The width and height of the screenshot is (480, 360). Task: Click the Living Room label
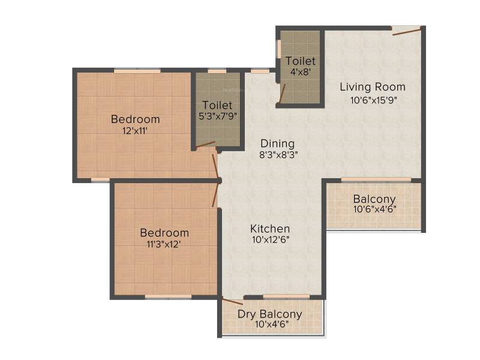pos(373,87)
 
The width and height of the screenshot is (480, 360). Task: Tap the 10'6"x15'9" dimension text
pos(373,100)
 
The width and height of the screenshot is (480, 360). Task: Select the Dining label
pos(278,143)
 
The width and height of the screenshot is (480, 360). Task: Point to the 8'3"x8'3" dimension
pos(278,155)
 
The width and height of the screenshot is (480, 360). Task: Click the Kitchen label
pos(270,229)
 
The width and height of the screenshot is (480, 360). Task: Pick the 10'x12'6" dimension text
pos(271,239)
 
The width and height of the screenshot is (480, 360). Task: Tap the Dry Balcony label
pos(269,314)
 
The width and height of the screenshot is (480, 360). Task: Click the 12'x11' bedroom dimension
pos(135,131)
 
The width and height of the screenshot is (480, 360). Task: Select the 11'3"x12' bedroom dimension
pos(164,244)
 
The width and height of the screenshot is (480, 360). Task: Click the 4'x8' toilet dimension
pos(301,72)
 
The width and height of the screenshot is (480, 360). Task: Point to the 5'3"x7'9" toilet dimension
pos(218,116)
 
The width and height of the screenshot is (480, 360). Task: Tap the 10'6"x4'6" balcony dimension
pos(374,209)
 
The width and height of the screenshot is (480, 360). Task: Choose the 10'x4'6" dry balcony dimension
pos(272,324)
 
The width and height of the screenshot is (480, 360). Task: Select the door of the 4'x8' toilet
pos(282,94)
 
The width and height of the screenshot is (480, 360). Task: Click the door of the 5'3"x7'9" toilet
pos(205,145)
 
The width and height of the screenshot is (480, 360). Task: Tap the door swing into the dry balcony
pos(233,302)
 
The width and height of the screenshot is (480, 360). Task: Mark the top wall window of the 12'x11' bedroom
pos(137,71)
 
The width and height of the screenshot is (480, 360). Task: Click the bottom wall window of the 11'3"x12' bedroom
pos(168,296)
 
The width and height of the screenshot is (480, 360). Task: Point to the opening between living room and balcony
pos(376,179)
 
